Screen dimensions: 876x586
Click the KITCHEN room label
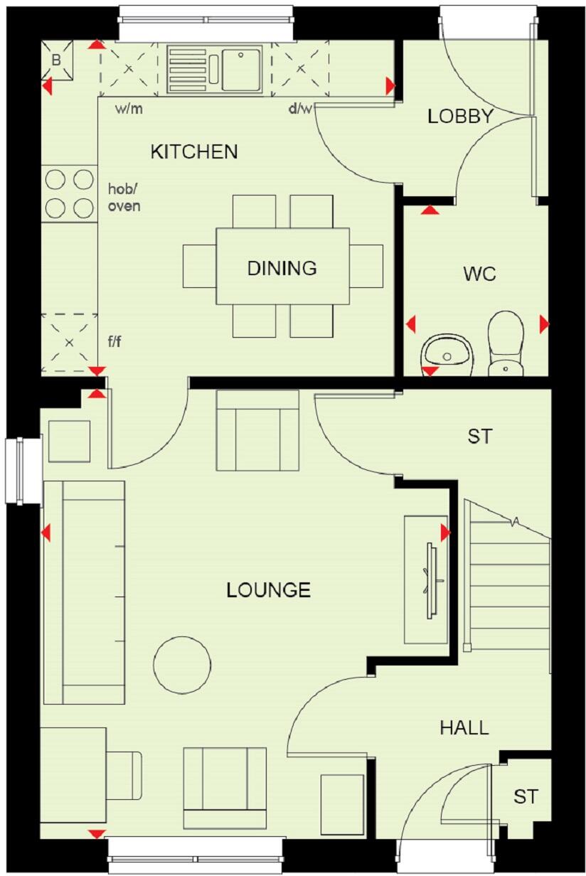coord(194,151)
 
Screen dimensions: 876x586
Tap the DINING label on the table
coord(282,268)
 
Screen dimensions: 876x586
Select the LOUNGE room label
coord(268,590)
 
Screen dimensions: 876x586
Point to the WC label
coord(479,274)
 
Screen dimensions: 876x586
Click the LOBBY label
coord(459,117)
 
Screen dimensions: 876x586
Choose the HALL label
coord(464,727)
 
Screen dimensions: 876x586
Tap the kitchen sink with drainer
coord(215,69)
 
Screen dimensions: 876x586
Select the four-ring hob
coord(70,193)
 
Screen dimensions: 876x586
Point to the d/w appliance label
coord(299,109)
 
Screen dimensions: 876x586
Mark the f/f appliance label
coord(114,342)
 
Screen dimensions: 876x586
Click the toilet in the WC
coord(506,341)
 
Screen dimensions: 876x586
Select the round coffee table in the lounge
coord(182,665)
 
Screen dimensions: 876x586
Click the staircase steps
coord(506,583)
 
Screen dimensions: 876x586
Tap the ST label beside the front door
coord(526,797)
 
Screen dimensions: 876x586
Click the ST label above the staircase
coord(479,437)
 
